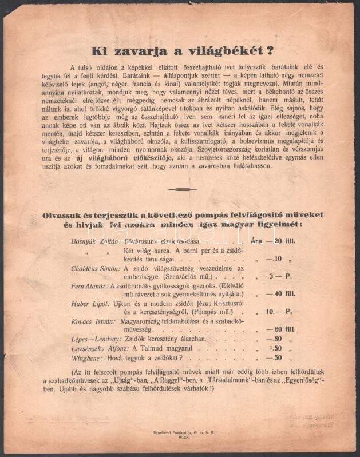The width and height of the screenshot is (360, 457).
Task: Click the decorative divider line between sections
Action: tap(183, 189)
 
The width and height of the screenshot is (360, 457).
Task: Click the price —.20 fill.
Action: tap(282, 241)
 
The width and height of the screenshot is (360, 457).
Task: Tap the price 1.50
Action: tap(277, 348)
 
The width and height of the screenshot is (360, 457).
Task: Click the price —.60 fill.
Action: tap(282, 330)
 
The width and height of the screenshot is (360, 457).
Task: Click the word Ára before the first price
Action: tap(256, 241)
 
